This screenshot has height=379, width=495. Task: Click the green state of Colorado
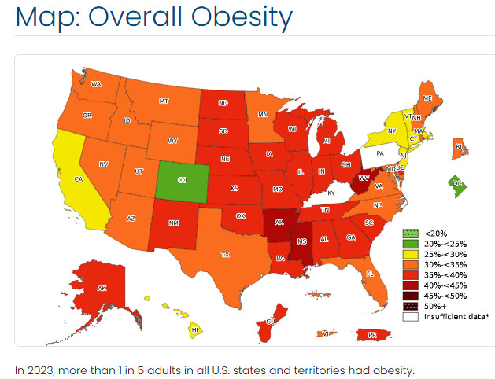point(183,181)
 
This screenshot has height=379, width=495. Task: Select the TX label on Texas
point(225,254)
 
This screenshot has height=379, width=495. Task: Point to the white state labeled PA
point(379,153)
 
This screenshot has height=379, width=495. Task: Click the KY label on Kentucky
point(331,193)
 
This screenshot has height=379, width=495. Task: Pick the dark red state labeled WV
point(364,178)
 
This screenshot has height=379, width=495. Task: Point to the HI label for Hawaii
point(194,330)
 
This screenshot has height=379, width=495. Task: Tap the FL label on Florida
point(369,274)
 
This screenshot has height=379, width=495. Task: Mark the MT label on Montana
point(164,101)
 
